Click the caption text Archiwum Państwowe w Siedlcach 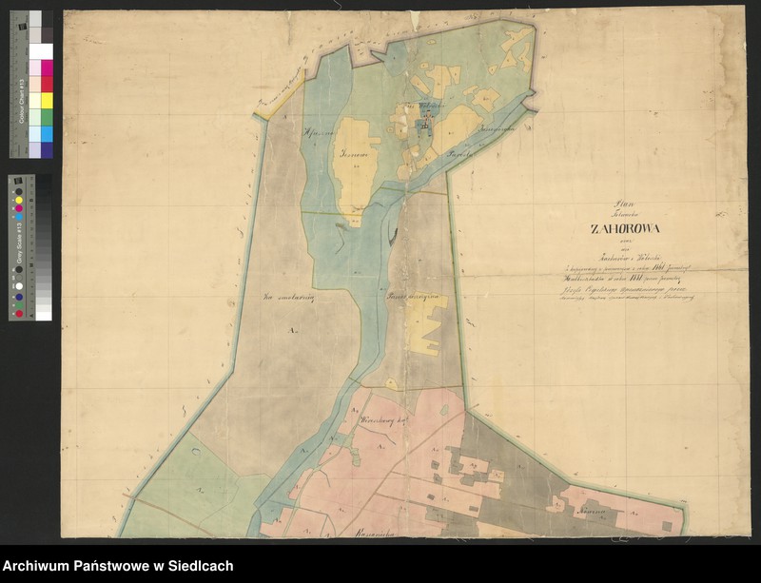[x=118, y=566]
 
